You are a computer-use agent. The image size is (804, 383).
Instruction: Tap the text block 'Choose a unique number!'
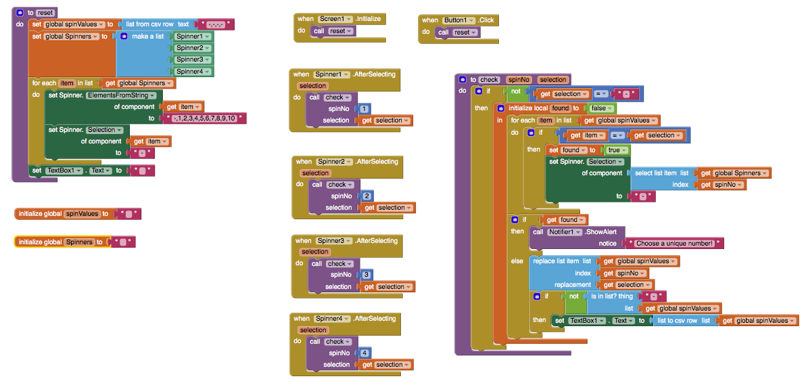coord(673,244)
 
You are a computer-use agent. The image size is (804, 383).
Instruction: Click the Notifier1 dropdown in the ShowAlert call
coord(565,231)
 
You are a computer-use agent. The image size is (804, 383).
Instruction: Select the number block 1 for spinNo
coord(364,108)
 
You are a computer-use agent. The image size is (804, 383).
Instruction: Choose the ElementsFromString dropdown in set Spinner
coord(121,95)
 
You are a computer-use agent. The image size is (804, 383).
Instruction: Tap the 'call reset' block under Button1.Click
coord(458,32)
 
